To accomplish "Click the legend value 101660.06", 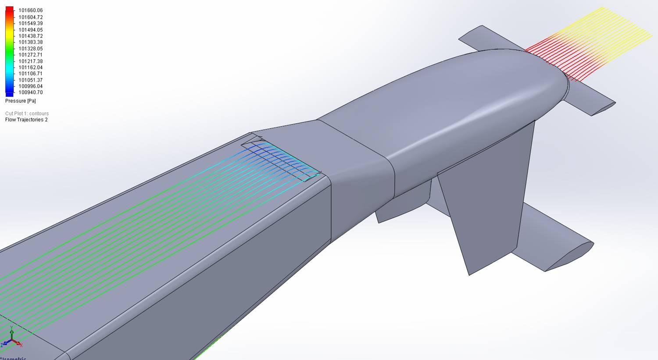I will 31,11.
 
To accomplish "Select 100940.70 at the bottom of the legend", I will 31,93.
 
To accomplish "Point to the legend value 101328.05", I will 31,49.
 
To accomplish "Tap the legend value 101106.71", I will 31,74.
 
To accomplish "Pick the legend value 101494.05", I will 31,30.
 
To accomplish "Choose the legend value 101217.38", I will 31,61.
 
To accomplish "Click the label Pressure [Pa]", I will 21,101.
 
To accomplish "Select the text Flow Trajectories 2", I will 26,120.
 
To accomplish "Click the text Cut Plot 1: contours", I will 27,114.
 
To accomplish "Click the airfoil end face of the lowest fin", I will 570,257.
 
